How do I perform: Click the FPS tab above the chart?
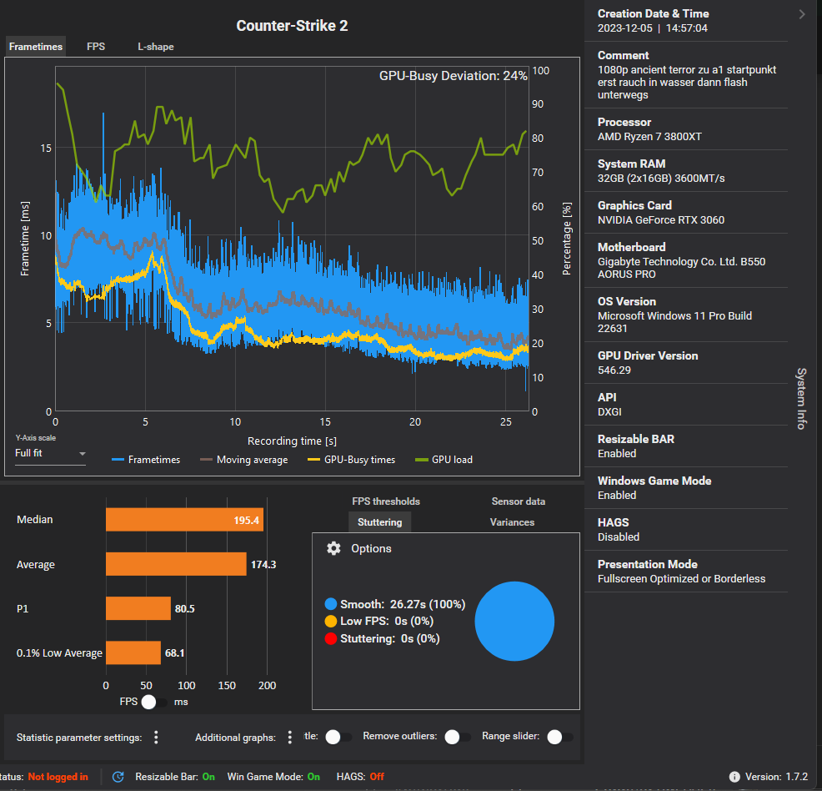coord(96,47)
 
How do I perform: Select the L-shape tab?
coord(156,47)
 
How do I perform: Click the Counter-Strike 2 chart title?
coord(292,26)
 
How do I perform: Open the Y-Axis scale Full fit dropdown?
coord(51,454)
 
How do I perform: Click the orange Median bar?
coord(184,520)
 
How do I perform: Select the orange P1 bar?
coord(138,608)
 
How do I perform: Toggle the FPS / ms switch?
coord(155,702)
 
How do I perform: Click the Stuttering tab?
coord(379,522)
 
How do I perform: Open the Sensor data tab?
coord(519,501)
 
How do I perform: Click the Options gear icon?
coord(334,548)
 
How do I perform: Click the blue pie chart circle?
coord(514,622)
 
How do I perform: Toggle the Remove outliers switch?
coord(457,737)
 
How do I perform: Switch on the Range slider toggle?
coord(559,737)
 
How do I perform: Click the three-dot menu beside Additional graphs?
coord(290,737)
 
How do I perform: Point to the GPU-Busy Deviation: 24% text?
coord(453,75)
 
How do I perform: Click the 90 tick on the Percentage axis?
coord(540,104)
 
